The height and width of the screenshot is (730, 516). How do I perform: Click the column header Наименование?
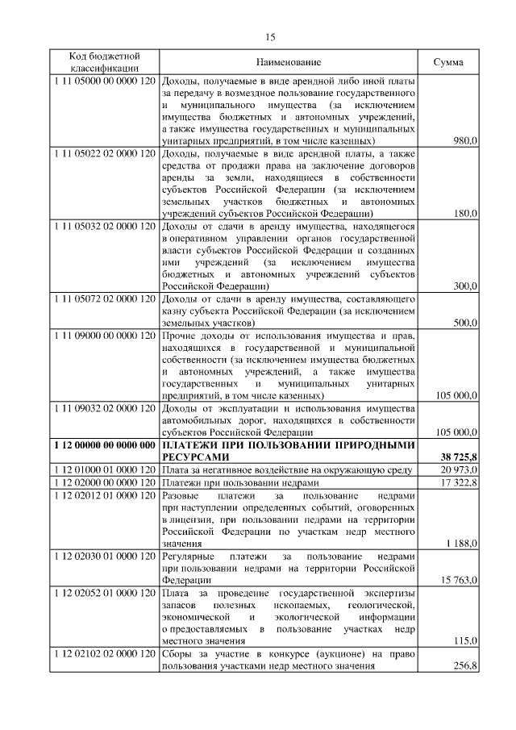289,63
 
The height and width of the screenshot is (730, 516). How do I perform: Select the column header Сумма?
448,63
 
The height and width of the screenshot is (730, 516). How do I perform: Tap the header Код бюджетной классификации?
104,63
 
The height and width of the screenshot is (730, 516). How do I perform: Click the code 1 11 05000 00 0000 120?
104,82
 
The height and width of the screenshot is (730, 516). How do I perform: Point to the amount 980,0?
465,140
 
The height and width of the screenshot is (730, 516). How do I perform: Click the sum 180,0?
465,213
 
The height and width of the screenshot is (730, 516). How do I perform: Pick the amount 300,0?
465,286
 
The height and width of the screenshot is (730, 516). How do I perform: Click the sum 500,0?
465,323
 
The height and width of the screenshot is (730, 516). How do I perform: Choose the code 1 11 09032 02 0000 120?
104,409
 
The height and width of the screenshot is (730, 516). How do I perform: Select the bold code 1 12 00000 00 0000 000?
104,445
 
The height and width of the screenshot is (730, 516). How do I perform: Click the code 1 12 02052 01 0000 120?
104,594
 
